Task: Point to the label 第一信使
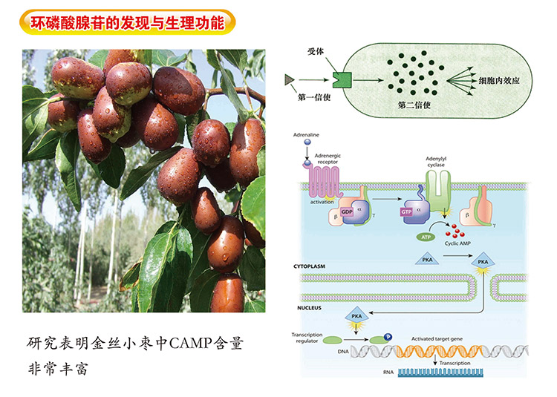pyautogui.click(x=312, y=96)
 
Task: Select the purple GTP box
pyautogui.click(x=407, y=211)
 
